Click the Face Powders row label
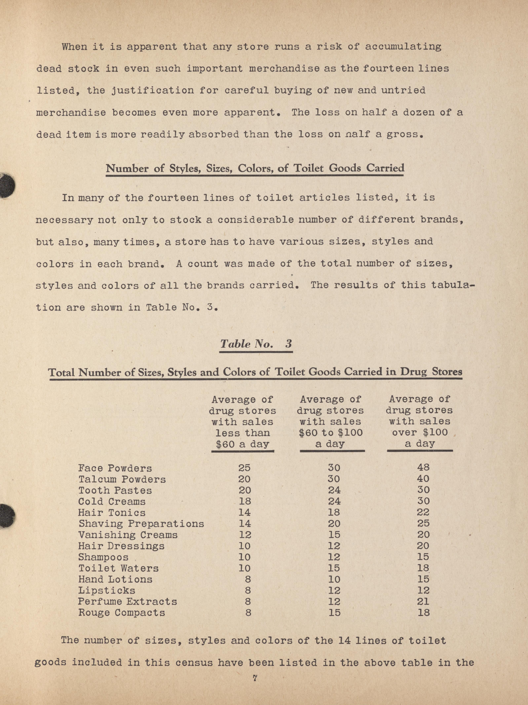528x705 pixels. tap(115, 468)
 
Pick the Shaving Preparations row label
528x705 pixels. tap(141, 524)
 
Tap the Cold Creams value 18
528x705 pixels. tap(245, 501)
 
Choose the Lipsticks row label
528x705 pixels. tap(107, 590)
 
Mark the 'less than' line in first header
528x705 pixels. tap(243, 433)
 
